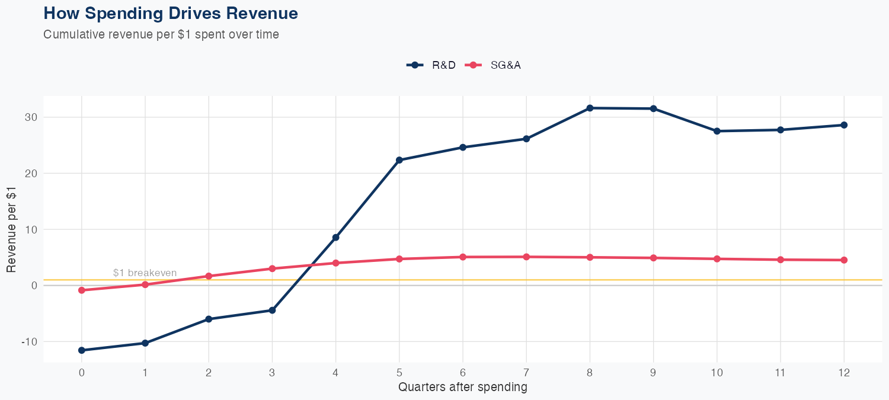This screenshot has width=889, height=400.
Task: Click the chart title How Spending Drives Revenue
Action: tap(171, 13)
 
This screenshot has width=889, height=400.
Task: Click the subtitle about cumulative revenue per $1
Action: tap(161, 34)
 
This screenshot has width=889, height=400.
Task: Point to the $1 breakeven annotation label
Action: tap(145, 273)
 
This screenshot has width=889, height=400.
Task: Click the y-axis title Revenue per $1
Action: tap(11, 229)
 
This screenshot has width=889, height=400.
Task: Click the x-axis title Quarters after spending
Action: tap(462, 388)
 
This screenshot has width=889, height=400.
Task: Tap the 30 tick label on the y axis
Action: tap(31, 117)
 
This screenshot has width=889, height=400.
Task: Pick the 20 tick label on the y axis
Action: tap(31, 174)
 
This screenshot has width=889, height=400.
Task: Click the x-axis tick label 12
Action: tap(844, 373)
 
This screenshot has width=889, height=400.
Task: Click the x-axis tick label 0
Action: tap(82, 373)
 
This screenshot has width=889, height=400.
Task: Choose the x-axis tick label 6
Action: tap(463, 373)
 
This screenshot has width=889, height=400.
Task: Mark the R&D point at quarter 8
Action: tap(590, 108)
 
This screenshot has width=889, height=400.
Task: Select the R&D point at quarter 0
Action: tap(82, 350)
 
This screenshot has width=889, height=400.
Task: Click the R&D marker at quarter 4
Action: tap(336, 238)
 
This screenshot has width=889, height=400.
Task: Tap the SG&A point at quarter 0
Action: tap(82, 290)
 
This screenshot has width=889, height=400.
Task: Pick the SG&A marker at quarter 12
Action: tap(844, 260)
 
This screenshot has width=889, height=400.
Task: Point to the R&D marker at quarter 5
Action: tap(399, 160)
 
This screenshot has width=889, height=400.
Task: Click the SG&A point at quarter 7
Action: tap(526, 257)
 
